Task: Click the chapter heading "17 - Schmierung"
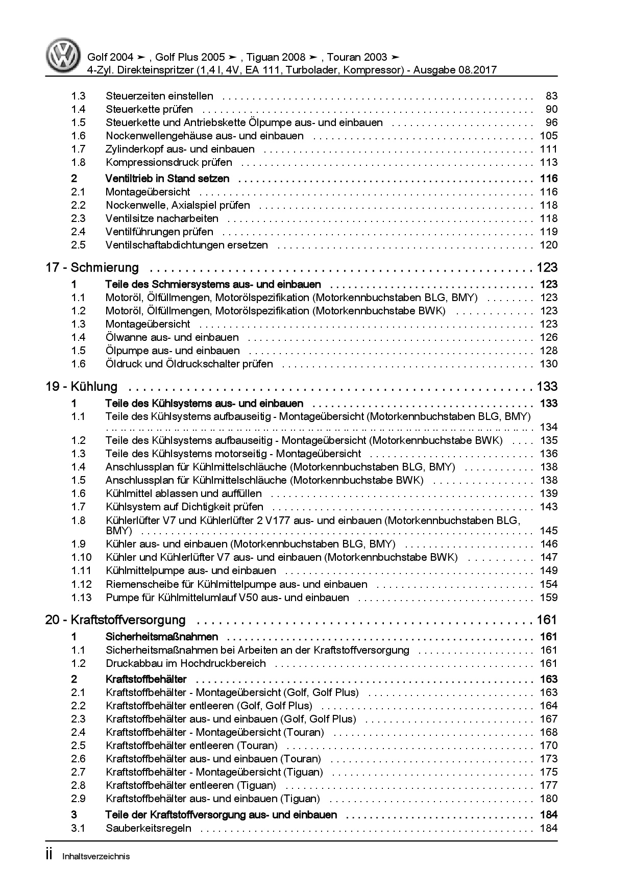click(92, 267)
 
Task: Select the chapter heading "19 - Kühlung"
click(81, 386)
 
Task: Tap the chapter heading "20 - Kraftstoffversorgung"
click(115, 620)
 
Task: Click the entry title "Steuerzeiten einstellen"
click(159, 96)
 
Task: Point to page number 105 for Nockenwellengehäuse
click(548, 136)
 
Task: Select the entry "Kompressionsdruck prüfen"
click(168, 162)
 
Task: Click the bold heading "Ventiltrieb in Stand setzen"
click(167, 179)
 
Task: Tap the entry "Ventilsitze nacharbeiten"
click(162, 218)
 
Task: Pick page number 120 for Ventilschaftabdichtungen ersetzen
click(548, 245)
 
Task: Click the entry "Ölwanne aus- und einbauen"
click(172, 337)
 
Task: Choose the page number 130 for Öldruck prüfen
click(548, 364)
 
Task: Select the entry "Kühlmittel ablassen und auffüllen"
click(183, 493)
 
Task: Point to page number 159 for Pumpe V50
click(548, 598)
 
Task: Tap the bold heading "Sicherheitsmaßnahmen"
click(162, 637)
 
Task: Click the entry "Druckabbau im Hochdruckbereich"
click(186, 663)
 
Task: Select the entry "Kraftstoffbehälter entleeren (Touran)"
click(191, 745)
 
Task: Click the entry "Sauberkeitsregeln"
click(149, 828)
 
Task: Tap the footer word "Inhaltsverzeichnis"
click(96, 856)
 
